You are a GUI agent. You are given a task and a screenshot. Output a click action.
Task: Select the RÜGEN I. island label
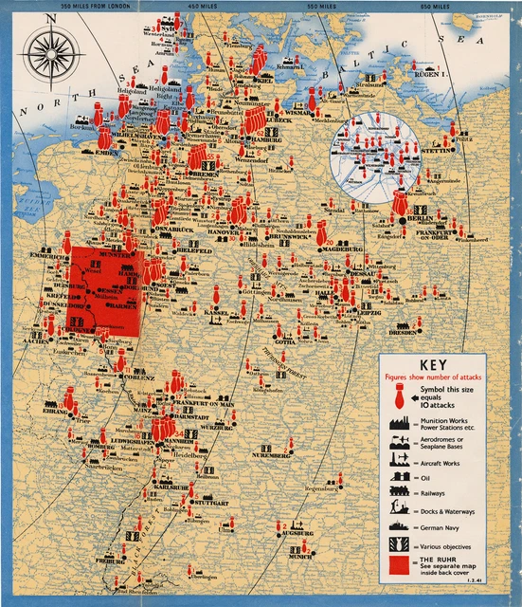[429, 73]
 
